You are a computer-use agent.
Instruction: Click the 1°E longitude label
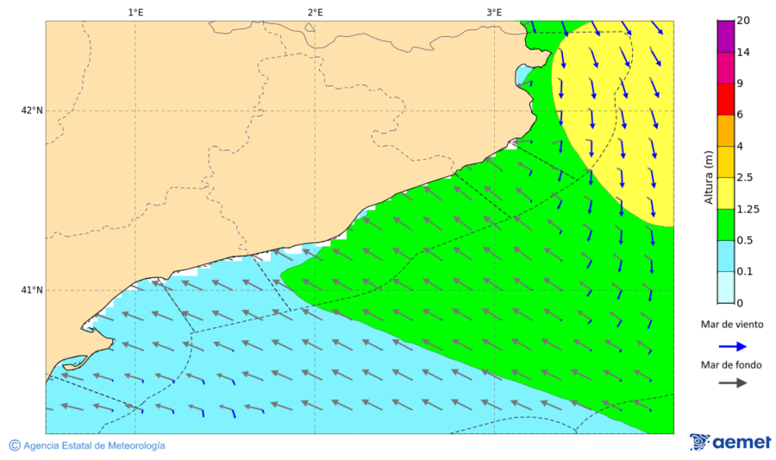pos(135,12)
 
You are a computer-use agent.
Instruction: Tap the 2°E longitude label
pos(315,12)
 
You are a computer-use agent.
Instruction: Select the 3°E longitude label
pos(494,12)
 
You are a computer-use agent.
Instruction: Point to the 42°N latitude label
pos(31,110)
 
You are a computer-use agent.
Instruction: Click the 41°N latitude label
pos(31,290)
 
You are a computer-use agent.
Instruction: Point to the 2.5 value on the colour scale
pos(746,178)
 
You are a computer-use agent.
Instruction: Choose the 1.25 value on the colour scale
pos(748,209)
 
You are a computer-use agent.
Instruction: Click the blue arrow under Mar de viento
pos(733,344)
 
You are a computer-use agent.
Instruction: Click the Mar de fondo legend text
pos(731,365)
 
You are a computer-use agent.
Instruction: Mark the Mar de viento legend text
pos(731,325)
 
